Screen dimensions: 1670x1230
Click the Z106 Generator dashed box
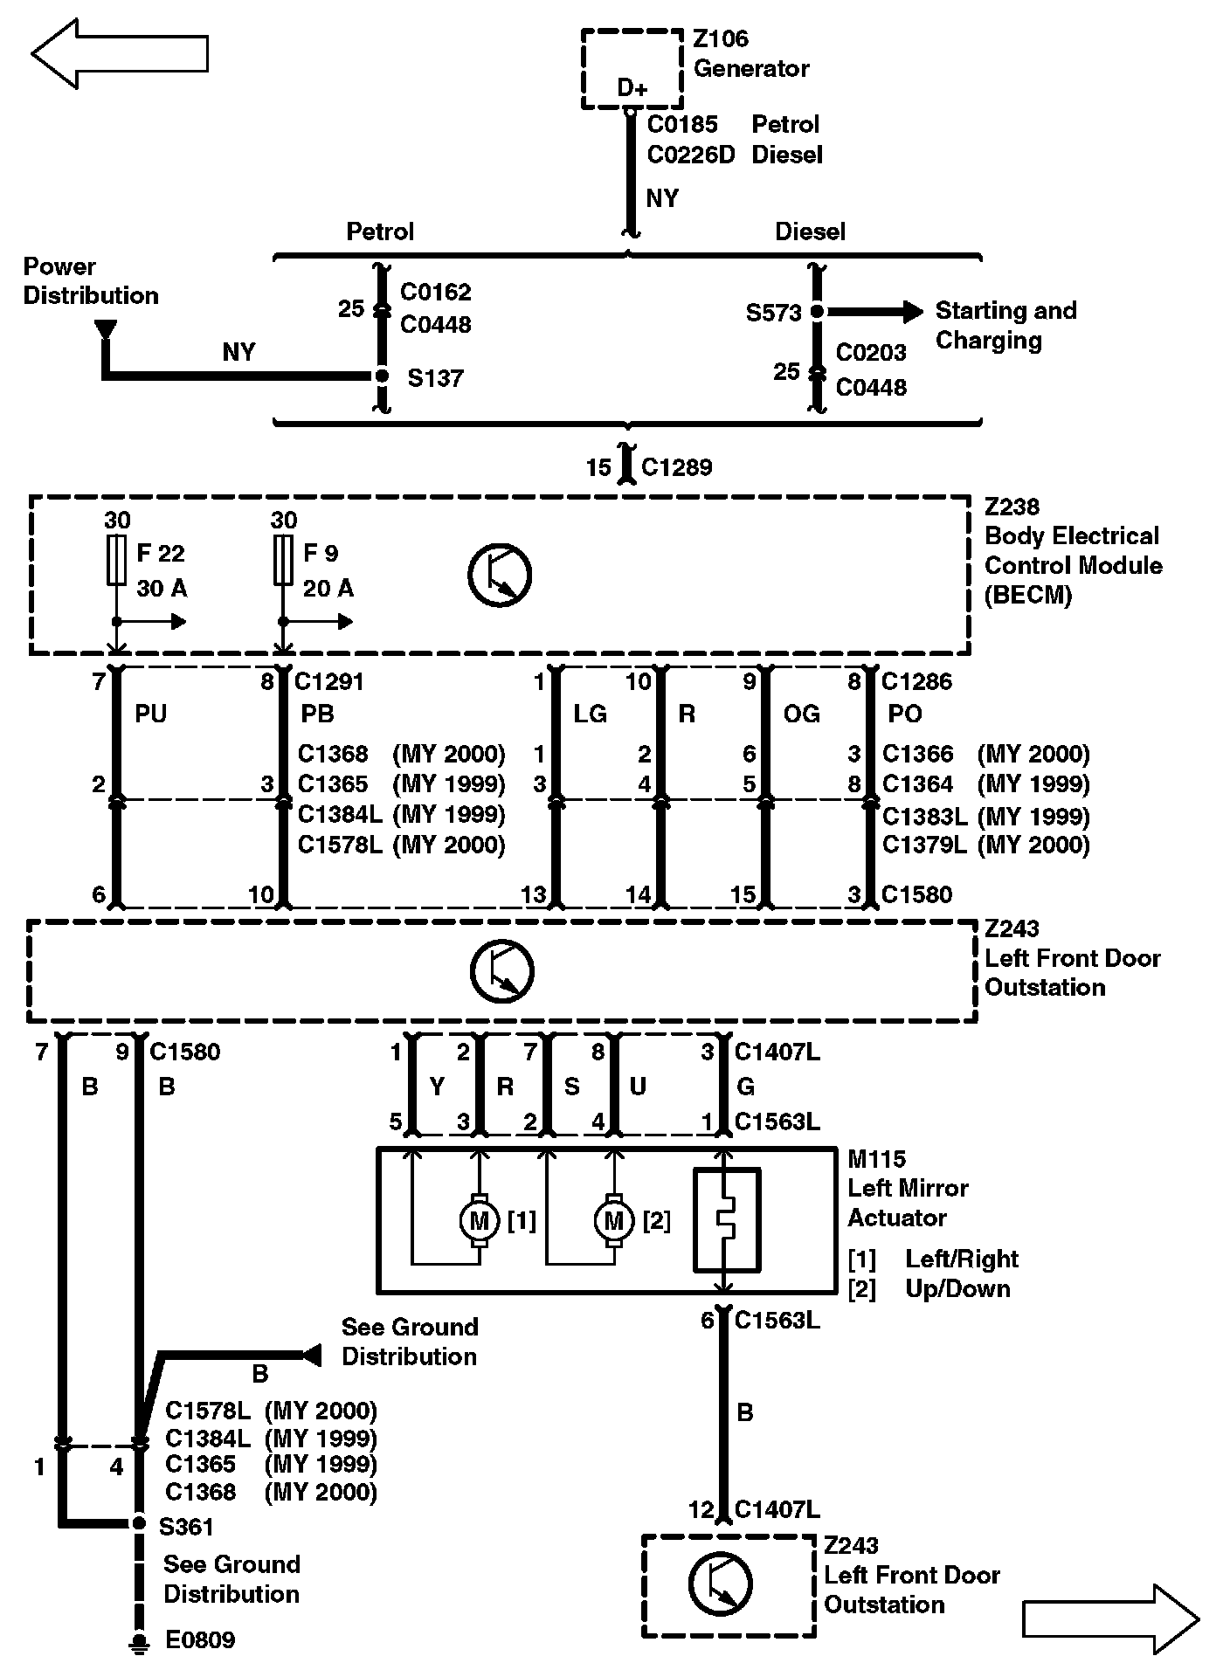tap(631, 69)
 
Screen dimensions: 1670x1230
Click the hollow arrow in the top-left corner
tap(119, 53)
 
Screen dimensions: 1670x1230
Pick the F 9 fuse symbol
tap(282, 561)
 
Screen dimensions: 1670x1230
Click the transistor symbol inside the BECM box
tap(500, 576)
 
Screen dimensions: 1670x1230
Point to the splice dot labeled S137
tap(381, 376)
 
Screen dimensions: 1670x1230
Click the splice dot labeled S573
tap(817, 311)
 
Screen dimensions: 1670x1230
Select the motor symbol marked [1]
tap(479, 1221)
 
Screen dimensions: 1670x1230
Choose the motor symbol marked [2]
tap(614, 1221)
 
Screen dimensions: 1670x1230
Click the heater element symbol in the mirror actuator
tap(725, 1219)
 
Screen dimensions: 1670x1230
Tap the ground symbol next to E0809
tap(137, 1642)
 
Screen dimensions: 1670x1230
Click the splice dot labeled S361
tap(138, 1523)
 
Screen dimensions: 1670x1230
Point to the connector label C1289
tap(676, 467)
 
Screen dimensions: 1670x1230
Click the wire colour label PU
tap(150, 714)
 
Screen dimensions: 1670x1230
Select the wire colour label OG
tap(801, 714)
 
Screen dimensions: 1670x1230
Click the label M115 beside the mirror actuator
tap(876, 1159)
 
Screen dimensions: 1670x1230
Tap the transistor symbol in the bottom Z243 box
tap(720, 1584)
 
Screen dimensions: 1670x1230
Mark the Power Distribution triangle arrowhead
tap(105, 329)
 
